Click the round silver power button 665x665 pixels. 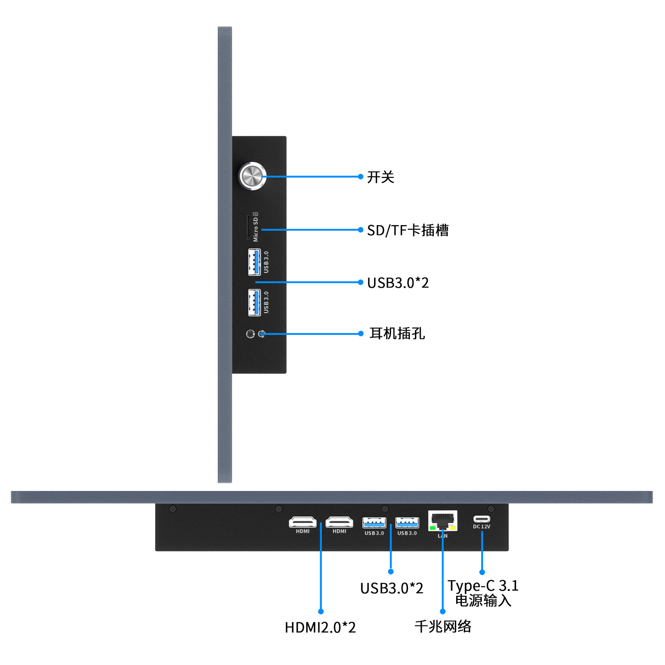coord(252,176)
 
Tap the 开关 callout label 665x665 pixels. coord(381,177)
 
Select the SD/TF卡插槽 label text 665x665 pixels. coord(408,230)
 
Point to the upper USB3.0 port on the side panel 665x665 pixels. coord(254,262)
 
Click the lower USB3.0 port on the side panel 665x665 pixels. coord(254,302)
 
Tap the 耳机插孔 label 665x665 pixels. coord(397,334)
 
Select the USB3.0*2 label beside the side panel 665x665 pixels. coord(398,283)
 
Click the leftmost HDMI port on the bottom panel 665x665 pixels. coord(303,522)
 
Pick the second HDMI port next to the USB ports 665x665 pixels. coord(339,522)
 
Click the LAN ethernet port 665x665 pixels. coord(443,521)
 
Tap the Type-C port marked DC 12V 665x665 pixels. coord(482,519)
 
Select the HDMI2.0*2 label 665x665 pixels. coord(320,627)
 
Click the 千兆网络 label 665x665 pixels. coord(443,626)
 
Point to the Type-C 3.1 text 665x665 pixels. coord(483,586)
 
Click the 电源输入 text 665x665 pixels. coord(483,600)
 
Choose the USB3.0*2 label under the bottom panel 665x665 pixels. coord(392,588)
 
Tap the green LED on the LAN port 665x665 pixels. coord(433,528)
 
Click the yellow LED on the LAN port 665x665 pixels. coord(453,528)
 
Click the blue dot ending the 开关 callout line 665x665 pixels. coord(361,177)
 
